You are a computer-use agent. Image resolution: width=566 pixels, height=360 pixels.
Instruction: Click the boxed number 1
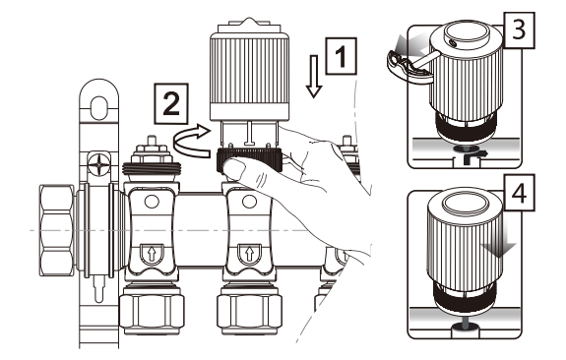coord(342,56)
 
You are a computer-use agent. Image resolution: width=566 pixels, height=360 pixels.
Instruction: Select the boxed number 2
coord(171,103)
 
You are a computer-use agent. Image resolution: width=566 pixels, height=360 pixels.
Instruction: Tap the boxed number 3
coord(519,30)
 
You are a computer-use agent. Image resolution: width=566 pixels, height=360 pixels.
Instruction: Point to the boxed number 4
coord(519,193)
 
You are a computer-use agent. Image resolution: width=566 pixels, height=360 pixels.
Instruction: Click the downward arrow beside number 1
coord(314,76)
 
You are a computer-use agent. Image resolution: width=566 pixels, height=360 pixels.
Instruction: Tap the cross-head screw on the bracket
coord(98,165)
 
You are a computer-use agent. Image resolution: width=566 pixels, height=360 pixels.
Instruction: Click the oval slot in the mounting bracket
coord(98,107)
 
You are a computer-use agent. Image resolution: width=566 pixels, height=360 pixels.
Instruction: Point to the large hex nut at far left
coord(57,230)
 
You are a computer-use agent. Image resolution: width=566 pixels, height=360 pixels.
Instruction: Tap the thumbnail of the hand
coord(233,168)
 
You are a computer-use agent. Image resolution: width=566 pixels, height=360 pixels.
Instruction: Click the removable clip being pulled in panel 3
coord(409,68)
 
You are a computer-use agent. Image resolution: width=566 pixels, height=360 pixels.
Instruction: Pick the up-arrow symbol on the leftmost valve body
coord(152,254)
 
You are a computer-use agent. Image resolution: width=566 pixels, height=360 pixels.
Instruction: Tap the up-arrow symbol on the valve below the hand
coord(249,253)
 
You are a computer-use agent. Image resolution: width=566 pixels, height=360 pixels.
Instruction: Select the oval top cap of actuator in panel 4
coord(466,203)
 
